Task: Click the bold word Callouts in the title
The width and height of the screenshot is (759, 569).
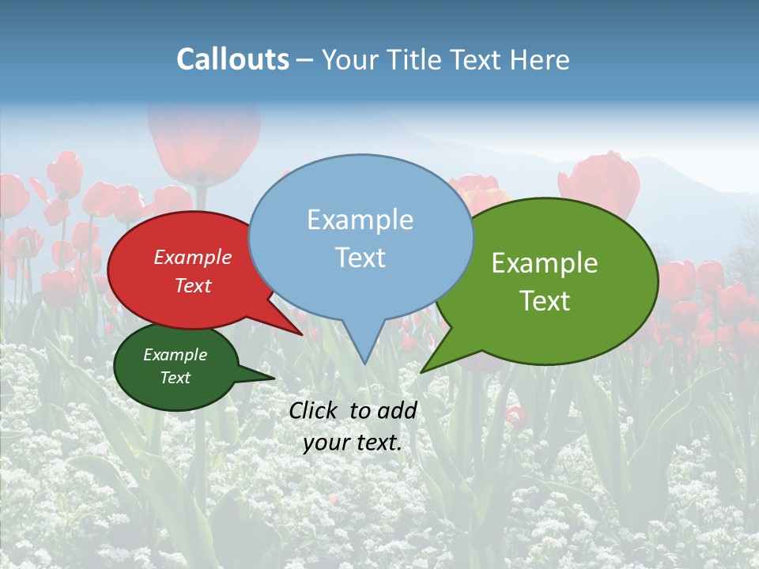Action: pos(232,59)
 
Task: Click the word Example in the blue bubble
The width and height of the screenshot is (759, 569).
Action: pos(360,220)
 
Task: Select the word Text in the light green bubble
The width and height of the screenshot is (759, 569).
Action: pos(545,301)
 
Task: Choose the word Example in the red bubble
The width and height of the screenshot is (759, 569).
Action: pos(193,258)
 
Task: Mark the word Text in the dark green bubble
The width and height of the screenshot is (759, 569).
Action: pos(176,378)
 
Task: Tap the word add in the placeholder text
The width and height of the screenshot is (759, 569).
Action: pos(397,410)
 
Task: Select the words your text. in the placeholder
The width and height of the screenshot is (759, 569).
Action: pos(353,443)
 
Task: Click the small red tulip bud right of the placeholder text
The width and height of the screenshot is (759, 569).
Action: pos(515,414)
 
